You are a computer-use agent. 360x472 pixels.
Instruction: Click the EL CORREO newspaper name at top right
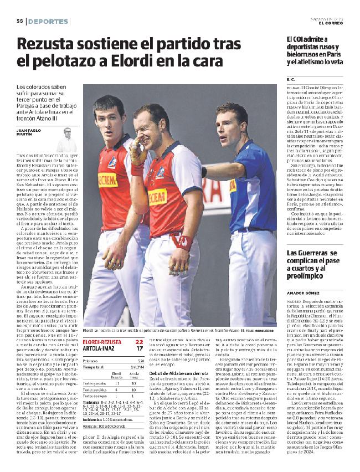[x=332, y=23]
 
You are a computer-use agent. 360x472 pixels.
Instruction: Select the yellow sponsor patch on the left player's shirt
[x=107, y=179]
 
